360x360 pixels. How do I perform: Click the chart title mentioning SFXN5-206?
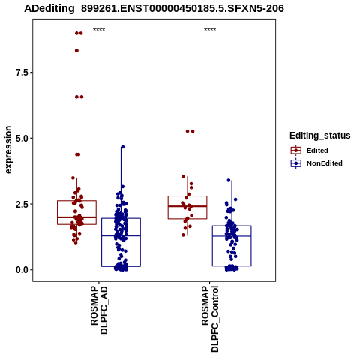[154, 8]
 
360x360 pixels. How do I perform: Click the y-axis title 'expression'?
[8, 150]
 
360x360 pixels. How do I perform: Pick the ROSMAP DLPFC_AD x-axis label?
[99, 310]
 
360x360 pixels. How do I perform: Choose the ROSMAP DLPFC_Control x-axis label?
[210, 319]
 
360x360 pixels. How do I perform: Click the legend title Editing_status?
[320, 136]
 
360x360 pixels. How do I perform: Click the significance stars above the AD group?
[99, 30]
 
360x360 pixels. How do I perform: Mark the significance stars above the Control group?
[210, 30]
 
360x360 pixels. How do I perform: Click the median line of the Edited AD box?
[76, 217]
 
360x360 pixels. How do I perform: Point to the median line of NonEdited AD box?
[121, 235]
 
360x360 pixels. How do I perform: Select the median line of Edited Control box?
[187, 206]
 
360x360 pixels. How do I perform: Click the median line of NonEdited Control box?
[232, 235]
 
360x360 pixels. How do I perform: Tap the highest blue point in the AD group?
[122, 147]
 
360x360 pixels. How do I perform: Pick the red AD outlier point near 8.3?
[76, 51]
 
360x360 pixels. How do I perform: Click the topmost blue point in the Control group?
[229, 180]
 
